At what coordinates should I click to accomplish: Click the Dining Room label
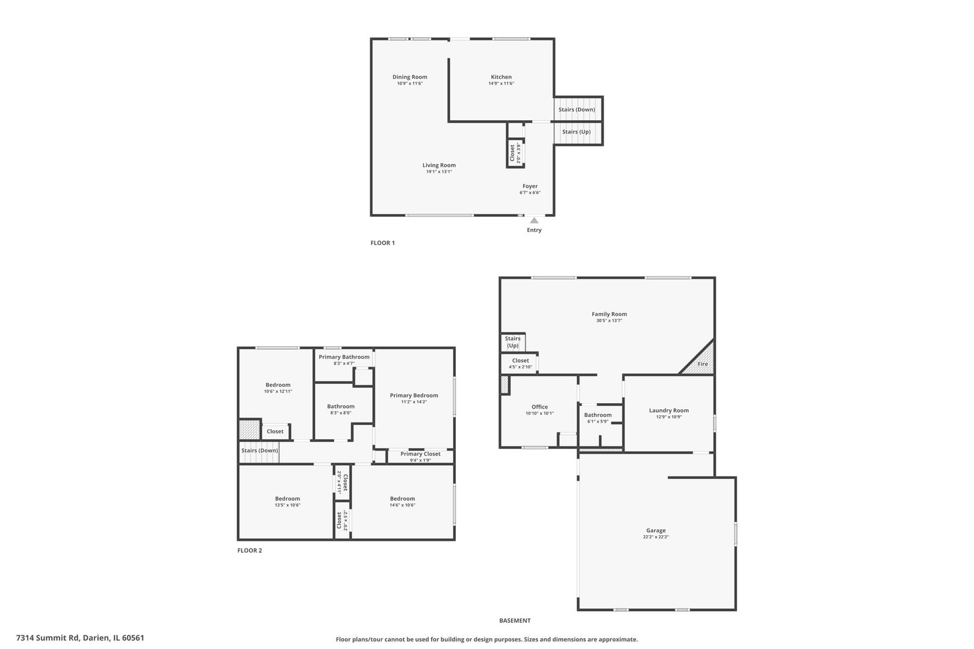[x=409, y=77]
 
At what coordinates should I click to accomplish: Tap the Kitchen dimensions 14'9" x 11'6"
[x=501, y=84]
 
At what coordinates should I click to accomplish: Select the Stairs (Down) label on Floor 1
[x=577, y=109]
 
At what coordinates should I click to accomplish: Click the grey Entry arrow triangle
[x=534, y=221]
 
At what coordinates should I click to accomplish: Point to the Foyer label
[x=530, y=186]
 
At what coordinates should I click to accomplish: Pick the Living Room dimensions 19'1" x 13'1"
[x=439, y=172]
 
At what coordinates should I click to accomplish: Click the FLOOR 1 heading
[x=382, y=243]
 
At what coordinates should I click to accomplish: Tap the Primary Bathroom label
[x=344, y=357]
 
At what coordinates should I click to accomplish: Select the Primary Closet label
[x=420, y=454]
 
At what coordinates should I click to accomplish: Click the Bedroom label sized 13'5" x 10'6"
[x=287, y=499]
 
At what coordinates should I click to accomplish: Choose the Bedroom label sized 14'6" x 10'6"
[x=402, y=499]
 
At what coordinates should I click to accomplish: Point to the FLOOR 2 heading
[x=250, y=550]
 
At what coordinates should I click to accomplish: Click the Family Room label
[x=609, y=314]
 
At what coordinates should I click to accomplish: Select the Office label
[x=539, y=407]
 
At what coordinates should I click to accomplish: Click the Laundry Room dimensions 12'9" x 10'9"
[x=669, y=417]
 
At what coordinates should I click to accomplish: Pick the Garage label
[x=655, y=531]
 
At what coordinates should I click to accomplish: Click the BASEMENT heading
[x=515, y=621]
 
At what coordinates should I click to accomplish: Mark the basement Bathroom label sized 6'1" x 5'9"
[x=598, y=415]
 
